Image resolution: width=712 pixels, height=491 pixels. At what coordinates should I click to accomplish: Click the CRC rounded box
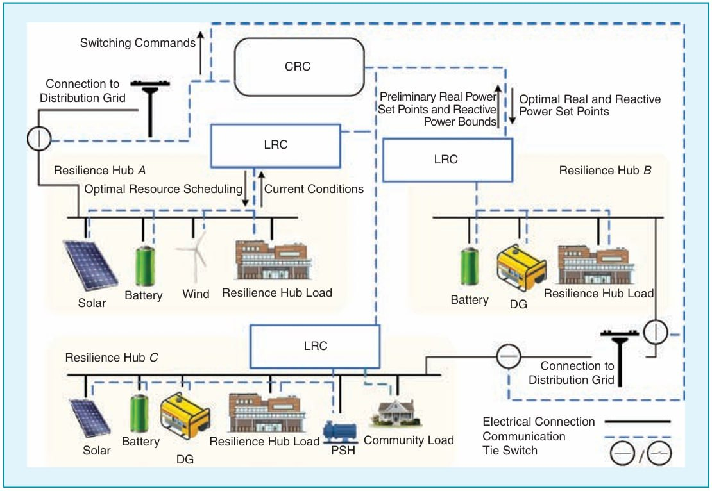pos(298,67)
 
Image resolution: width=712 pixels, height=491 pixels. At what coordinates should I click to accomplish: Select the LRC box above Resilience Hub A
pos(275,145)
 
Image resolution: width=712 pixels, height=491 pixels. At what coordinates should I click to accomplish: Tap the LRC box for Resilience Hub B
pos(446,160)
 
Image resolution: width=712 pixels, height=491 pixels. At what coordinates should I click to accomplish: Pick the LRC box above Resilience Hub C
pos(315,345)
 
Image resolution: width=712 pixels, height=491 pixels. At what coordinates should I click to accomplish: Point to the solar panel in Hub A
pos(90,264)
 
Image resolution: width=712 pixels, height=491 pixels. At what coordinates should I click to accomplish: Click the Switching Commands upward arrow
pos(200,53)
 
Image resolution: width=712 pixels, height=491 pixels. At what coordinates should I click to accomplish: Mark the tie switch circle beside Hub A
pos(38,138)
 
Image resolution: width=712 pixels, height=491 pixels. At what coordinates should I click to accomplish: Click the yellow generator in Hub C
pos(184,418)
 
